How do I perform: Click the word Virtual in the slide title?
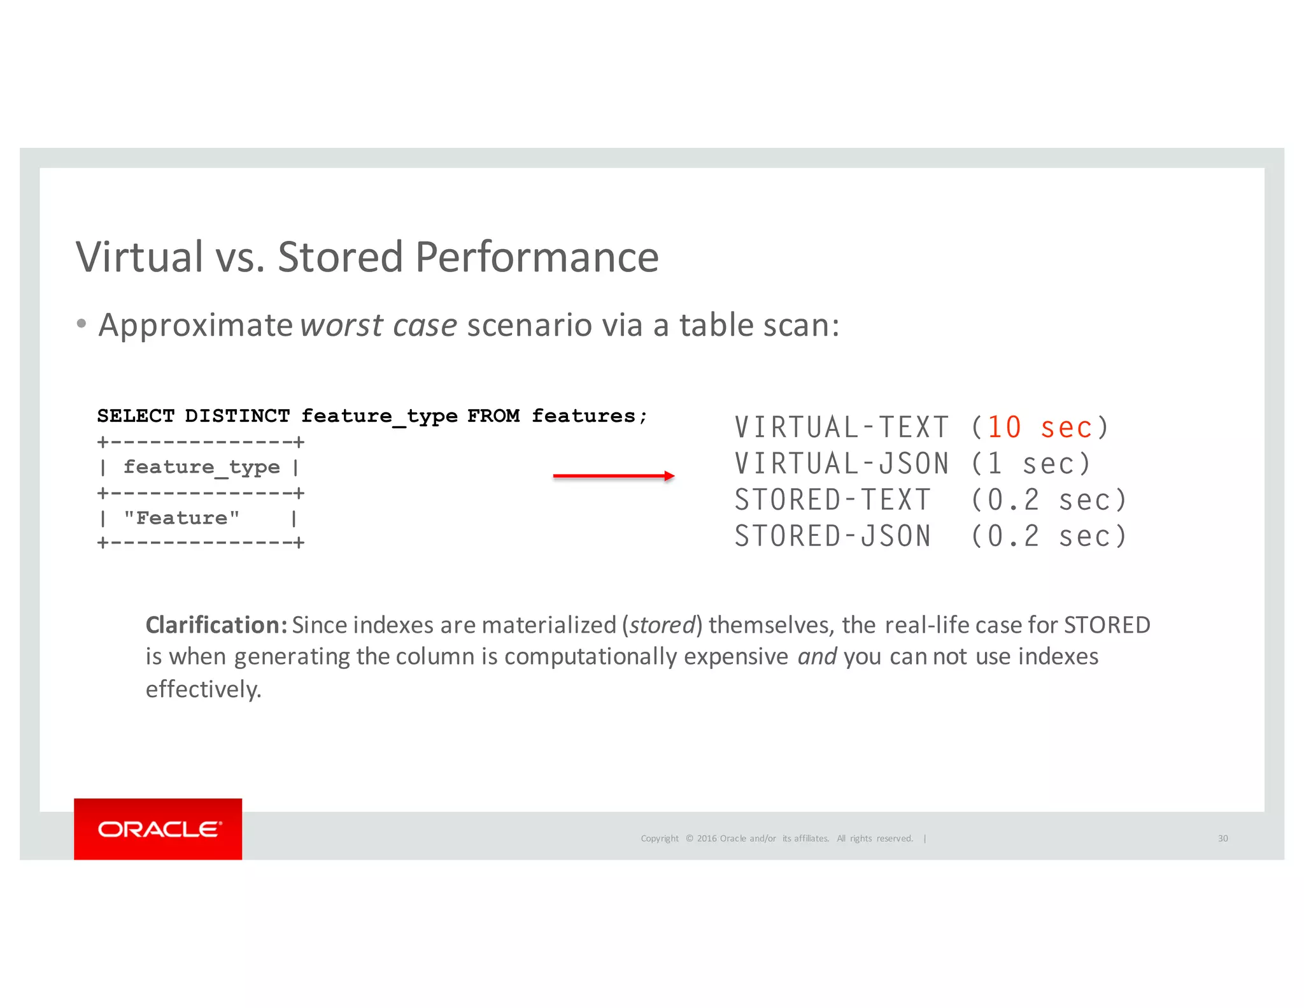point(139,257)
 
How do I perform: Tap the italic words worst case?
point(378,326)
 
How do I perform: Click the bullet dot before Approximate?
point(81,324)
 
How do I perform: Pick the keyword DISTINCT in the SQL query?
point(237,416)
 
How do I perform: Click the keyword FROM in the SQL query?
point(493,416)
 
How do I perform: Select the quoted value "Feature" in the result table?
point(181,518)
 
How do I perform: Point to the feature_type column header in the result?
point(201,467)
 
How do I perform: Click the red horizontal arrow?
point(613,476)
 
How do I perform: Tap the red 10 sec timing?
point(1039,428)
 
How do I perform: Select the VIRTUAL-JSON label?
point(841,464)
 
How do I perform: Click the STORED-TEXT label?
point(832,500)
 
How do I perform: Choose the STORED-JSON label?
point(832,536)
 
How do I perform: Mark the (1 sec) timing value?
point(1030,464)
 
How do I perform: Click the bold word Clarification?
point(216,625)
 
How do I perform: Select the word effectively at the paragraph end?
point(203,689)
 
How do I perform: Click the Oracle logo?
point(158,829)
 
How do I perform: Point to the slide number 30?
point(1222,839)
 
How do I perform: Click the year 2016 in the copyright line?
point(706,839)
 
